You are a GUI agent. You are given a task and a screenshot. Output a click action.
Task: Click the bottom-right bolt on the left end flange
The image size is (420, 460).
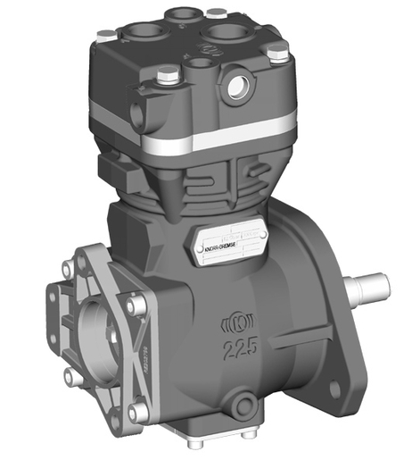point(135,413)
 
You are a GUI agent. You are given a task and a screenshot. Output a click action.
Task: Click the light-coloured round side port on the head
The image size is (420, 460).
point(239,87)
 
